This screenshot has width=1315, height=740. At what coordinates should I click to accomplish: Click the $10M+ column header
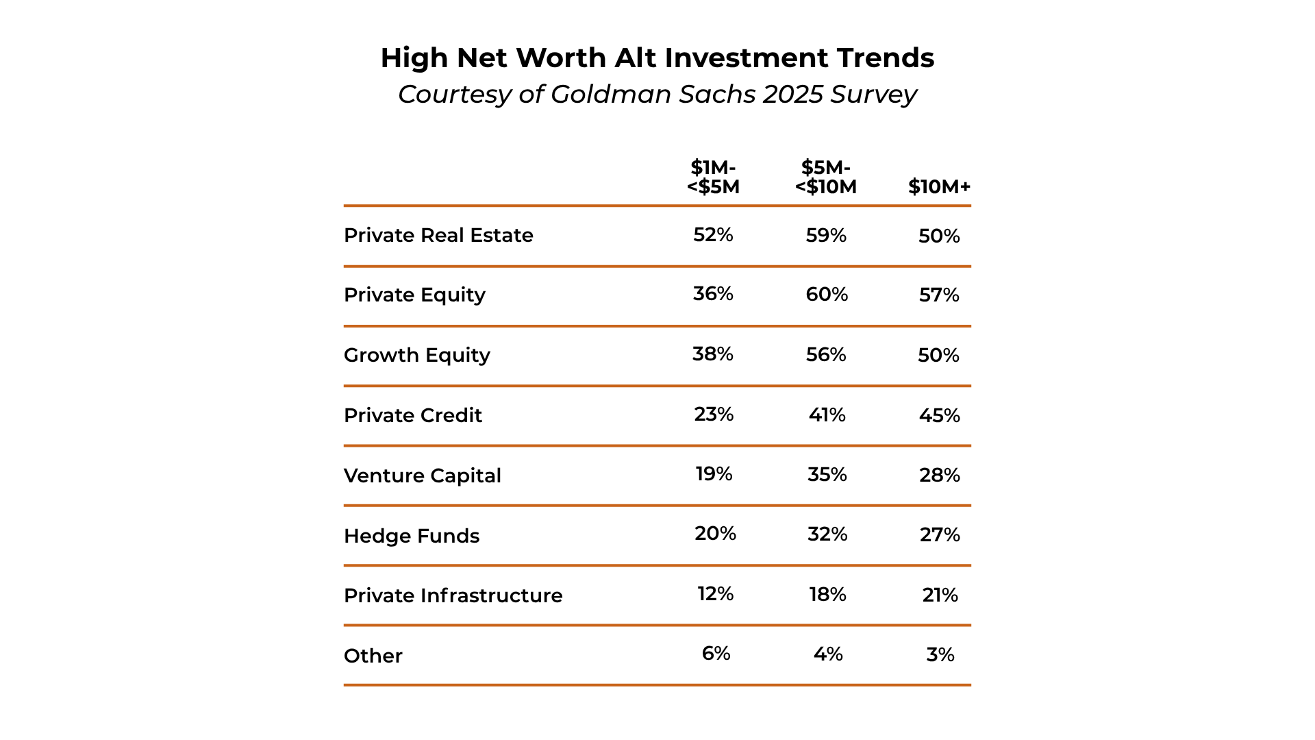click(939, 187)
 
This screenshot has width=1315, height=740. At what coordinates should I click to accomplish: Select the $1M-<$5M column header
click(713, 177)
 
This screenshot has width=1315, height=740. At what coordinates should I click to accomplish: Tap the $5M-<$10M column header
click(826, 177)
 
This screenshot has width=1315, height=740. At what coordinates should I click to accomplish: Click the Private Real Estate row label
click(438, 235)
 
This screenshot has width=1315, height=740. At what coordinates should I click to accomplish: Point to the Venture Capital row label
click(423, 476)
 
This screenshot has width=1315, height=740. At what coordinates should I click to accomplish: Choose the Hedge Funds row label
click(412, 536)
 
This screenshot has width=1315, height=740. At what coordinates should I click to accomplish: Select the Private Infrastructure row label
click(453, 595)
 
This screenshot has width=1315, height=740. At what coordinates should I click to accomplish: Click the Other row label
click(373, 656)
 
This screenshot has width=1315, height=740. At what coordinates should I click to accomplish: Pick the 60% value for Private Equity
click(827, 295)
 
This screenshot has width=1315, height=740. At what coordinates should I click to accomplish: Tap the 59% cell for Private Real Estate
click(826, 236)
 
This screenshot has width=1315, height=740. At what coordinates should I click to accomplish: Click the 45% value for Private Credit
click(939, 415)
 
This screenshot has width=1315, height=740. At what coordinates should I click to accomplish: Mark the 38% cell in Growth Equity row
click(713, 354)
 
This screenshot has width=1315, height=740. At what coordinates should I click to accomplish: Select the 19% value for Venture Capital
click(714, 474)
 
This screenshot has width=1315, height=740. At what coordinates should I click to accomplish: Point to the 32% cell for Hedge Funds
click(827, 534)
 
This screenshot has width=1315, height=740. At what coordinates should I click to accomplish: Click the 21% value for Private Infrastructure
click(940, 595)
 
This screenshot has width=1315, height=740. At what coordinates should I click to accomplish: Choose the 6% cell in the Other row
click(716, 654)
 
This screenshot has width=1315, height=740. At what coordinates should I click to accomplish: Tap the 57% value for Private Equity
click(939, 295)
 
